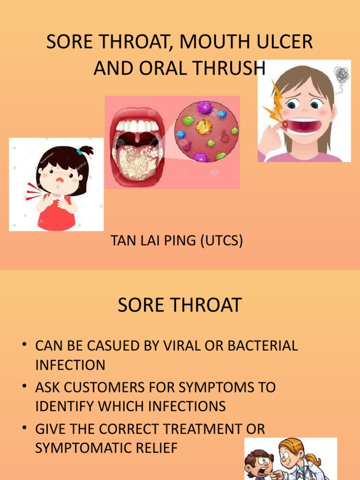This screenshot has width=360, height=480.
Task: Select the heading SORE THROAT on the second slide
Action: point(180,305)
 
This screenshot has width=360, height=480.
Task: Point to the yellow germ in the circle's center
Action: point(203,127)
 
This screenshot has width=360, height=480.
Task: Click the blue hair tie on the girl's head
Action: point(82,150)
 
